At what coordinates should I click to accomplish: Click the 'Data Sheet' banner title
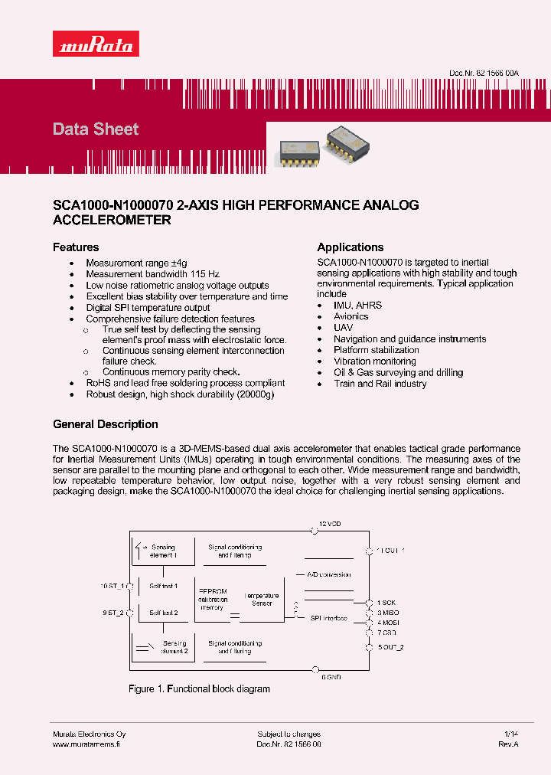96,129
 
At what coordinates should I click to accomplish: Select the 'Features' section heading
76,247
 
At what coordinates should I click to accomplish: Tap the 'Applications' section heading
350,247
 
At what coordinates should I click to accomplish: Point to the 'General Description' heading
106,424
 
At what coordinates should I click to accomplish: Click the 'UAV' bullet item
343,328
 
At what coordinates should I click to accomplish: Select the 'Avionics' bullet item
350,316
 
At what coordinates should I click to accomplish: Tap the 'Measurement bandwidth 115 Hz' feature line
152,274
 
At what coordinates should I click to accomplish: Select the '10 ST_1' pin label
112,586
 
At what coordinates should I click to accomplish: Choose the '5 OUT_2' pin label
390,647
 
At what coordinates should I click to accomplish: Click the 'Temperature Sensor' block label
261,600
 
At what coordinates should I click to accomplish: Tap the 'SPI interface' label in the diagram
328,618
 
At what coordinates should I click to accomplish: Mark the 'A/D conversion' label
328,574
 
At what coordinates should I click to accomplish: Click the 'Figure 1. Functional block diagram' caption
199,689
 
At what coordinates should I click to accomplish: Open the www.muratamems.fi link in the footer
86,744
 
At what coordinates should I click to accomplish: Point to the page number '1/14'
511,734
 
